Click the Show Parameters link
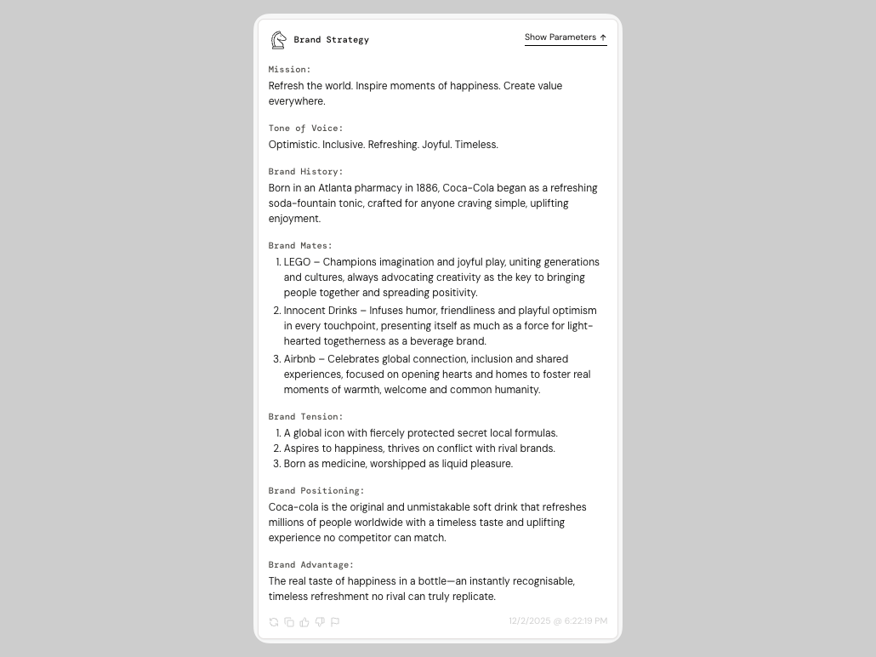click(565, 37)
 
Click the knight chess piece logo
click(278, 40)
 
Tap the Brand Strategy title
click(331, 40)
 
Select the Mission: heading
click(289, 70)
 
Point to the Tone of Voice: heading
click(305, 129)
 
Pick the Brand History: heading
click(305, 172)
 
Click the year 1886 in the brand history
click(426, 188)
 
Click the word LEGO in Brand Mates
click(297, 262)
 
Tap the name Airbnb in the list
click(299, 359)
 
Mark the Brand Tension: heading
click(305, 417)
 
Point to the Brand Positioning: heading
click(316, 491)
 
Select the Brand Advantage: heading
click(310, 565)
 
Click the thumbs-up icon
click(304, 622)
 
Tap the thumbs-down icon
click(320, 622)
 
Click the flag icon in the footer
click(335, 622)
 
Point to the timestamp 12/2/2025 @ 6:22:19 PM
click(558, 621)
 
